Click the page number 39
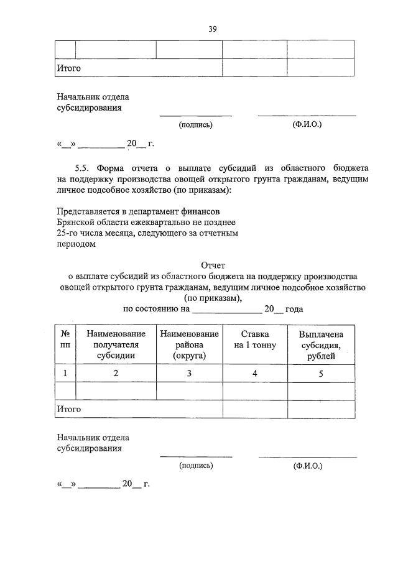coord(212,29)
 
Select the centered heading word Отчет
coord(212,265)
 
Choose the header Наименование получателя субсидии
coord(116,345)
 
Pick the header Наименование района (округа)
coord(189,345)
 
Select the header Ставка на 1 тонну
coord(255,340)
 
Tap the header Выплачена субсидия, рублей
coord(321,345)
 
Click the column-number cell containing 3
coord(189,374)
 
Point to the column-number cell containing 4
coord(255,374)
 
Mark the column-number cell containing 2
coord(116,374)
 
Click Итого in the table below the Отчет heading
coord(69,409)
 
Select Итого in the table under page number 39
coord(69,68)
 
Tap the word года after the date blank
coord(294,309)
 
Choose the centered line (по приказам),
coord(212,298)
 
